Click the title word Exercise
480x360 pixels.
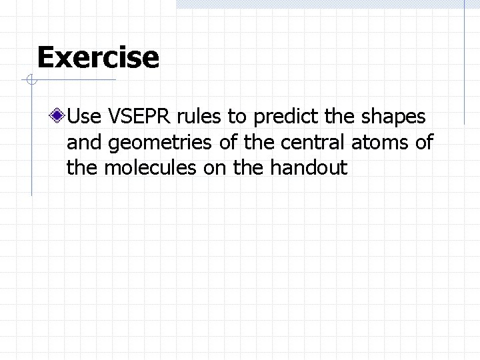(98, 57)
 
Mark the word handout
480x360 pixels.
(309, 167)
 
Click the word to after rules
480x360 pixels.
(236, 117)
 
